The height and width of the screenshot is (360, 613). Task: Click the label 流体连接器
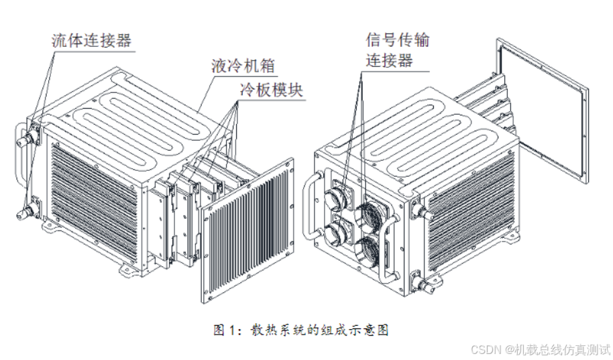pos(91,40)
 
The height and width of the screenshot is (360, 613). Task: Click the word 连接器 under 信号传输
pos(388,61)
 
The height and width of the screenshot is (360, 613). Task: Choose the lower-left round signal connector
pos(333,235)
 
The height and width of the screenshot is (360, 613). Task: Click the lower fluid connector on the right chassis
pos(425,286)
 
